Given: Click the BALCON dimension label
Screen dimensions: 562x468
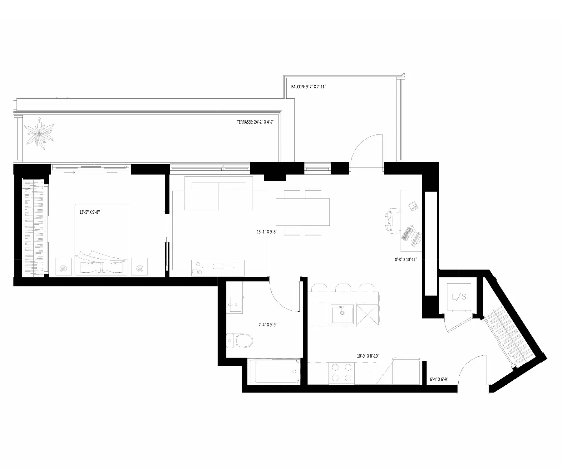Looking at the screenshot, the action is (x=308, y=87).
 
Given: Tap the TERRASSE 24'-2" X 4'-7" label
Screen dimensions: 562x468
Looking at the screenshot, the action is (x=255, y=122).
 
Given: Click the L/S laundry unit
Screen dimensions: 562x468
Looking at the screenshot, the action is (x=459, y=297).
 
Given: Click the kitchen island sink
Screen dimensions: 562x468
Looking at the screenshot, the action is (x=343, y=314).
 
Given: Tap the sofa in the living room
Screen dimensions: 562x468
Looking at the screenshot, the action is (x=219, y=193).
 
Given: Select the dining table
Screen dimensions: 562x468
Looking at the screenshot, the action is (x=303, y=212).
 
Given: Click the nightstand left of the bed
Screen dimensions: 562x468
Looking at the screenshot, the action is (x=64, y=267).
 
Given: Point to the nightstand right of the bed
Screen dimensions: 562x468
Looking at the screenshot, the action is (x=140, y=267).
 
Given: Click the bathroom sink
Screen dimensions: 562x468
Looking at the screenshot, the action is (x=234, y=304).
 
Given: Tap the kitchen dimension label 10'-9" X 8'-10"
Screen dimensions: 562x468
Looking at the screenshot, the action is (x=368, y=356).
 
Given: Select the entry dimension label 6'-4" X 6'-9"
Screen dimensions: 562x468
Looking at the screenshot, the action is (x=439, y=380).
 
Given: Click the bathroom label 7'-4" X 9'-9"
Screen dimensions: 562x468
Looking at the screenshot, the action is (x=268, y=324).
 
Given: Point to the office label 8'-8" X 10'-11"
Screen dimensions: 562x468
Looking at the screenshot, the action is (x=406, y=259).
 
